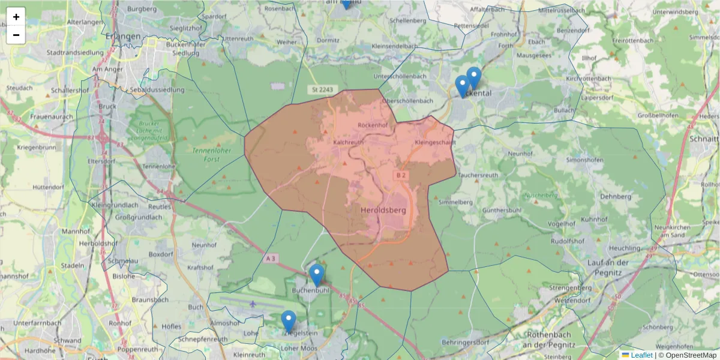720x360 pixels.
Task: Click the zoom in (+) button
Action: point(16,17)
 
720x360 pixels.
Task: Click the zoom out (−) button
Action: point(16,35)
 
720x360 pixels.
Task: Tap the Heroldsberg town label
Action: point(383,211)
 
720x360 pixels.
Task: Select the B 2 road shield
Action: point(400,175)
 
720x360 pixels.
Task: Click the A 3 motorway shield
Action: point(271,259)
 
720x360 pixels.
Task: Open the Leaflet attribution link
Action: point(641,355)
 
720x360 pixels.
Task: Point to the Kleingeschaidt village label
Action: point(435,143)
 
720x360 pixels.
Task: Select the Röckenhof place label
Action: point(373,125)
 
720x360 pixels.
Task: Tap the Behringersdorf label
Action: point(466,342)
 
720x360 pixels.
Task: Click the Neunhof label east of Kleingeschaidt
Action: point(521,154)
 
